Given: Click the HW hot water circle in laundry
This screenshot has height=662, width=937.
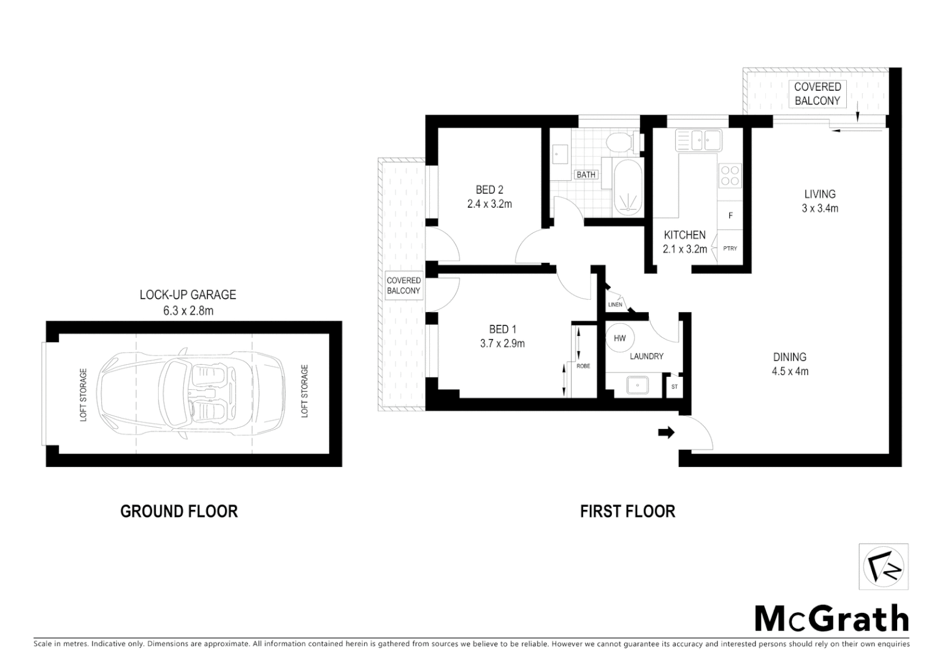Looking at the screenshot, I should [619, 338].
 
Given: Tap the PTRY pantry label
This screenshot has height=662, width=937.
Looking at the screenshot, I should [730, 248].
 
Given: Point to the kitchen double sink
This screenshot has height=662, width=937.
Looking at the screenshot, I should [698, 140].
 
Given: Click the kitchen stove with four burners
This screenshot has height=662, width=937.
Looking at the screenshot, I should [730, 175].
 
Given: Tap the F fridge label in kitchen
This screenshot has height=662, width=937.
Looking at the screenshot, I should [730, 216].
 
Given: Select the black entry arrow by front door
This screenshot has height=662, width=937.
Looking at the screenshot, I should [666, 433].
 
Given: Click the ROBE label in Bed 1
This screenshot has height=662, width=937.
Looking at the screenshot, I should [583, 366].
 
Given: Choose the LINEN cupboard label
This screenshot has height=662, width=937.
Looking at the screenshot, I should [614, 305].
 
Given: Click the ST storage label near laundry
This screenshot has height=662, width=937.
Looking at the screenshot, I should [675, 387].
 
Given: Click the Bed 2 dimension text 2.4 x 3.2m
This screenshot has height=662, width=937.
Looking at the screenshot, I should [489, 204].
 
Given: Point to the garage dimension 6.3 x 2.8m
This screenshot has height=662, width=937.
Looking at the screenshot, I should [188, 311].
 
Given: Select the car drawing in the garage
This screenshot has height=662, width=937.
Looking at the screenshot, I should [193, 394].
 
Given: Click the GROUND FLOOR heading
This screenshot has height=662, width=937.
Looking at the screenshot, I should [178, 511].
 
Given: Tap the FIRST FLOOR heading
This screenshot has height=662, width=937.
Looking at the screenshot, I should [627, 511].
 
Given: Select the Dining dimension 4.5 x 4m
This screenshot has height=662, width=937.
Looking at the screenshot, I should [790, 371].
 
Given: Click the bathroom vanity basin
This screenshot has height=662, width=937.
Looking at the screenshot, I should [559, 151].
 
